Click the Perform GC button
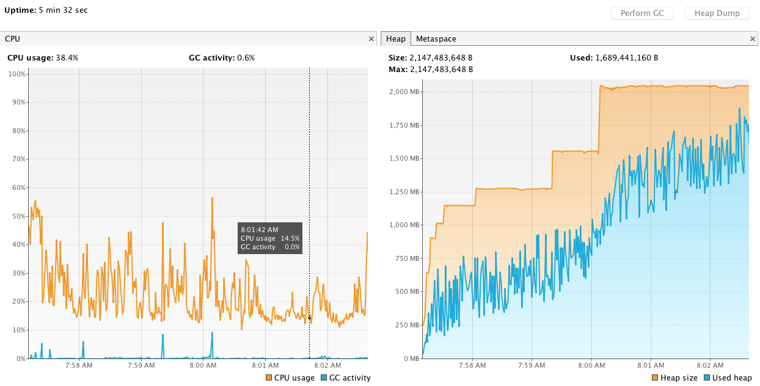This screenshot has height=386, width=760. click(641, 13)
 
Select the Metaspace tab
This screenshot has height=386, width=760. click(436, 39)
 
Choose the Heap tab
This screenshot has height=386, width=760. click(396, 39)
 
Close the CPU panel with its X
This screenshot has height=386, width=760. click(371, 38)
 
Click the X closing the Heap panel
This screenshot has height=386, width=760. click(753, 38)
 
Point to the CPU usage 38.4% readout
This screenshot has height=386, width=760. click(43, 58)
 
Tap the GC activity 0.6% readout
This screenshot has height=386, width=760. click(222, 58)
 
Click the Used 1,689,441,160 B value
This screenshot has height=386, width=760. click(614, 58)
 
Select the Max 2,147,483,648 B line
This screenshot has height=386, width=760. click(431, 70)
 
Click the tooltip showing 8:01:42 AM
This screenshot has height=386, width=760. click(270, 238)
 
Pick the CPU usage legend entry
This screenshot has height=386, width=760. click(290, 378)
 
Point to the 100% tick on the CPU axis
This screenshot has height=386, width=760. click(16, 74)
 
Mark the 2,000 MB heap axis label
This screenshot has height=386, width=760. click(404, 92)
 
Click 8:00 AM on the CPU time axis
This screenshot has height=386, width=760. click(203, 366)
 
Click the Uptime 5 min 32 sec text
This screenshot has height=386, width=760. click(46, 10)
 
